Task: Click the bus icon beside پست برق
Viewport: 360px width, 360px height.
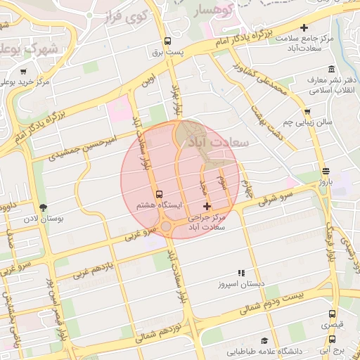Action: tap(167, 41)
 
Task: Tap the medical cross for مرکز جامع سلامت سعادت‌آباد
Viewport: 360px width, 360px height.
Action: tap(304, 28)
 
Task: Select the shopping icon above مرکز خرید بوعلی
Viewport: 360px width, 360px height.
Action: tap(23, 72)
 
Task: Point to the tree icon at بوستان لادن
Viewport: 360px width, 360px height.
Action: tap(44, 207)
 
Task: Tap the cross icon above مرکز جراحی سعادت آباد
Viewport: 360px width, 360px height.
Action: tap(206, 206)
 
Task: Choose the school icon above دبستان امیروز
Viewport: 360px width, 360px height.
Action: tap(241, 272)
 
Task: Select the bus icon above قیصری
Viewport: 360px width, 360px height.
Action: tap(333, 314)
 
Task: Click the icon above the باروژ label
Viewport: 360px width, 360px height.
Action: tap(325, 171)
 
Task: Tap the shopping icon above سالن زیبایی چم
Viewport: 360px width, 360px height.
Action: tap(307, 112)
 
